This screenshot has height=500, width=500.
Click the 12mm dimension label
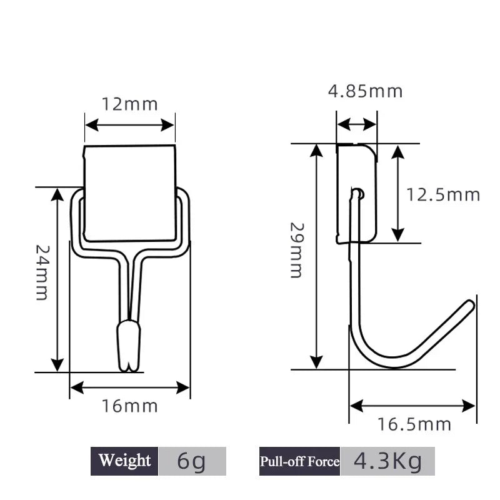130,103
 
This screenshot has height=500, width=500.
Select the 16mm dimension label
130,407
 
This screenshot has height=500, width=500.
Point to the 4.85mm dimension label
366,91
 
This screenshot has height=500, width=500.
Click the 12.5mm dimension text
443,194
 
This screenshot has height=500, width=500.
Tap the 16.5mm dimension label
414,425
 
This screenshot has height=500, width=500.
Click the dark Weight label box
124,461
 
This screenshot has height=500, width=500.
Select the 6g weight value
192,461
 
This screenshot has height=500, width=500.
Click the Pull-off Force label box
299,461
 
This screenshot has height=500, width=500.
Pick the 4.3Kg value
387,461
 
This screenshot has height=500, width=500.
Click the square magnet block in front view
130,193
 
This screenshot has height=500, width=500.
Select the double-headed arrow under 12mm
129,124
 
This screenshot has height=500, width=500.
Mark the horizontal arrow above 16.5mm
412,406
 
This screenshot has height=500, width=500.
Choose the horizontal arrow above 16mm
130,387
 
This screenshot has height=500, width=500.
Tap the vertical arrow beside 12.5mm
398,192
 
